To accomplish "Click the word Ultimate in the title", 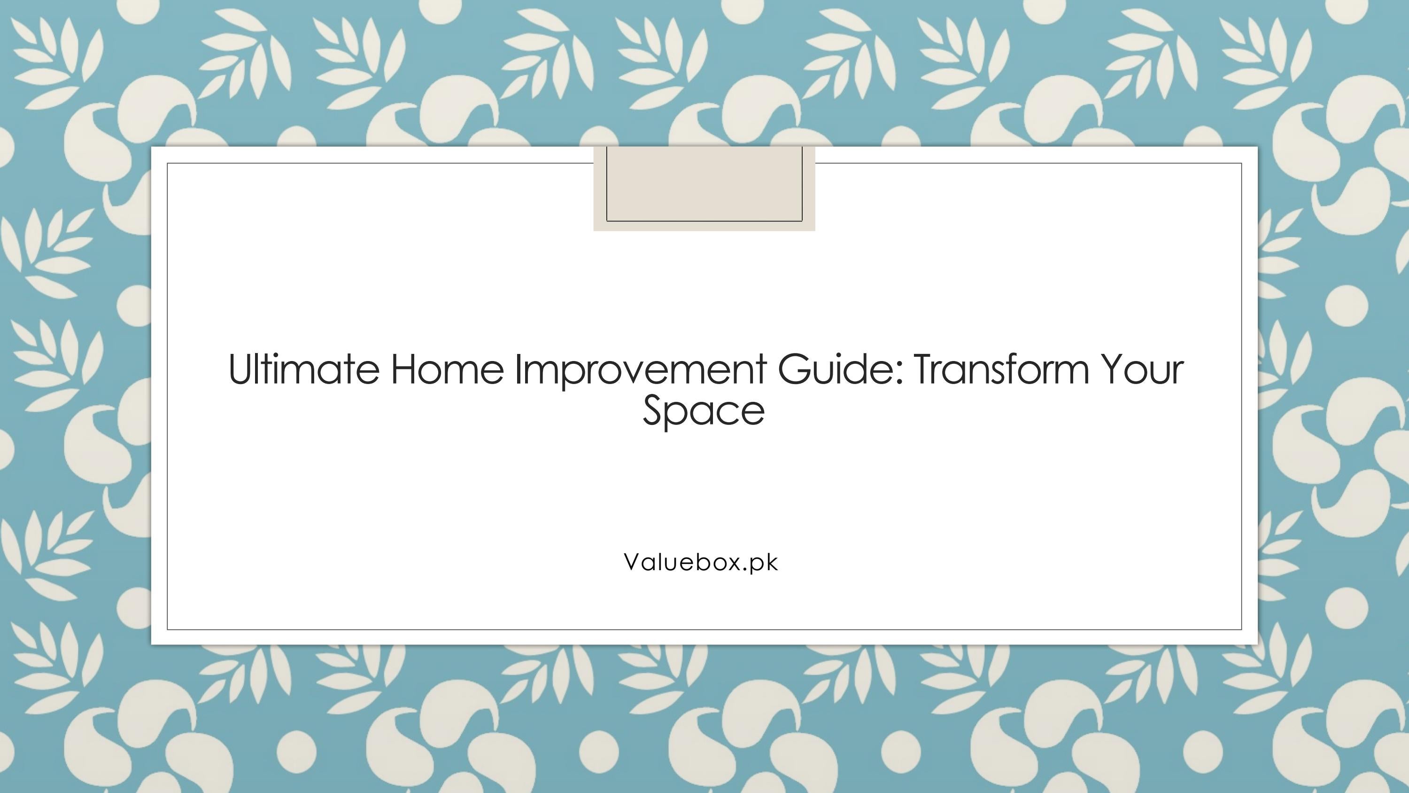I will [x=303, y=369].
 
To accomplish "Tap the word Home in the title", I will [x=447, y=369].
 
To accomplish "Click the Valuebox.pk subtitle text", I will [x=701, y=563].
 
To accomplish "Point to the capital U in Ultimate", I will [x=239, y=369].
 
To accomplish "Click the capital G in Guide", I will [x=795, y=369].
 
